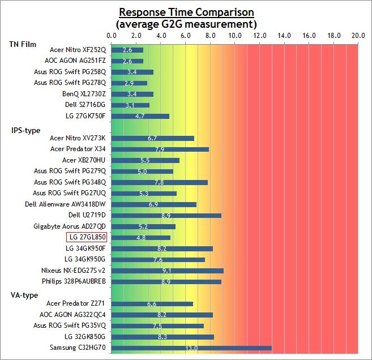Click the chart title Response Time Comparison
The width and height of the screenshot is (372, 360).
186,12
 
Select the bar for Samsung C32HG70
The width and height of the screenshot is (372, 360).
191,348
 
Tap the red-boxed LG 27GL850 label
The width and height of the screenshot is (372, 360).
86,238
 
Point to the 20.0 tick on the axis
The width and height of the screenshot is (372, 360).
358,35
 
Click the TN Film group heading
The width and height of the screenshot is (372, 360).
24,44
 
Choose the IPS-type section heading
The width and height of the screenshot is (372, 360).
25,130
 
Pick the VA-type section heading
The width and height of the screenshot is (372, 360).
24,295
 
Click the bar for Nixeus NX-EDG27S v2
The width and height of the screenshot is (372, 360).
168,271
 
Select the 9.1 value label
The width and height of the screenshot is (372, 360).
168,271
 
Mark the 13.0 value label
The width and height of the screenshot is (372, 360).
191,348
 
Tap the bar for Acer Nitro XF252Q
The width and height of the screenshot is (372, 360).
127,50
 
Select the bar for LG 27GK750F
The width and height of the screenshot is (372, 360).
140,116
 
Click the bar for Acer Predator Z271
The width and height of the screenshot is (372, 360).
152,304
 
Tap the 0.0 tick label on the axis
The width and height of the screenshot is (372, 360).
112,35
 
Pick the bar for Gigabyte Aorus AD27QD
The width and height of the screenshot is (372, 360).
143,226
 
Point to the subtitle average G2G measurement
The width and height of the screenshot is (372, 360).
186,24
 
